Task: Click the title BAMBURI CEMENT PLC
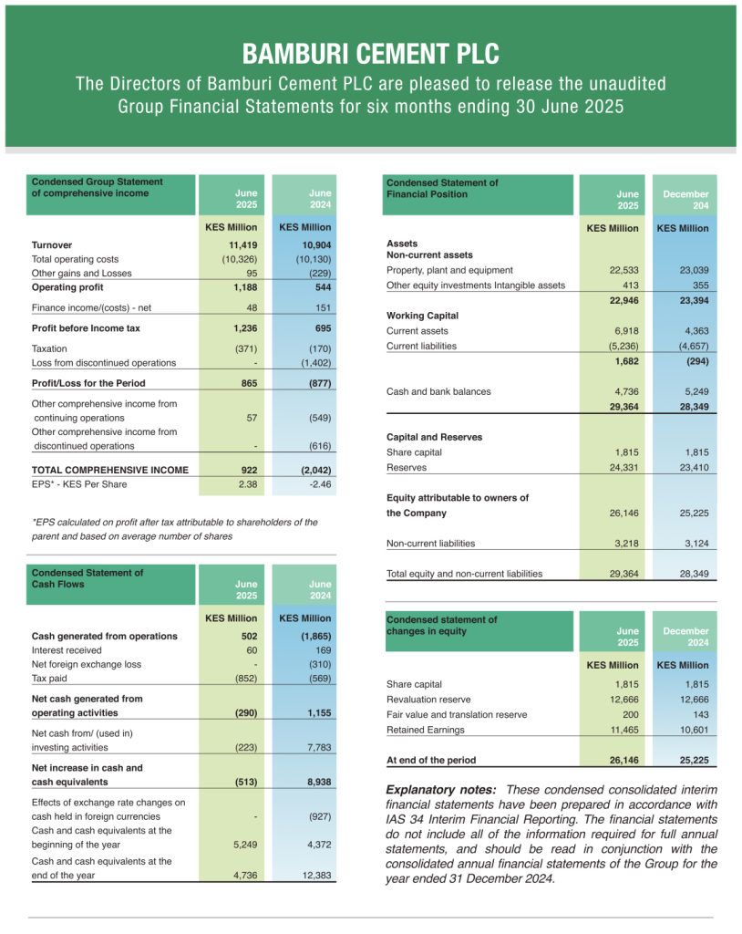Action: [371, 53]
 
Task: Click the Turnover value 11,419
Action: [243, 245]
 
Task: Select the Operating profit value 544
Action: [319, 286]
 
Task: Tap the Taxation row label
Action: [49, 348]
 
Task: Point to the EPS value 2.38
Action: [247, 484]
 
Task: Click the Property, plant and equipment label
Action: [449, 270]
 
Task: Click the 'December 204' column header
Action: [685, 200]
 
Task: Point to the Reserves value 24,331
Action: [623, 467]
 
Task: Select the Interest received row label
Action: [69, 650]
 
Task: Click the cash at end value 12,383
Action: [314, 875]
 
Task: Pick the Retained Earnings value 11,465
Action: [623, 730]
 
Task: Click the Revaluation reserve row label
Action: [428, 700]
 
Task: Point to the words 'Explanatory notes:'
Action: [441, 789]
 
